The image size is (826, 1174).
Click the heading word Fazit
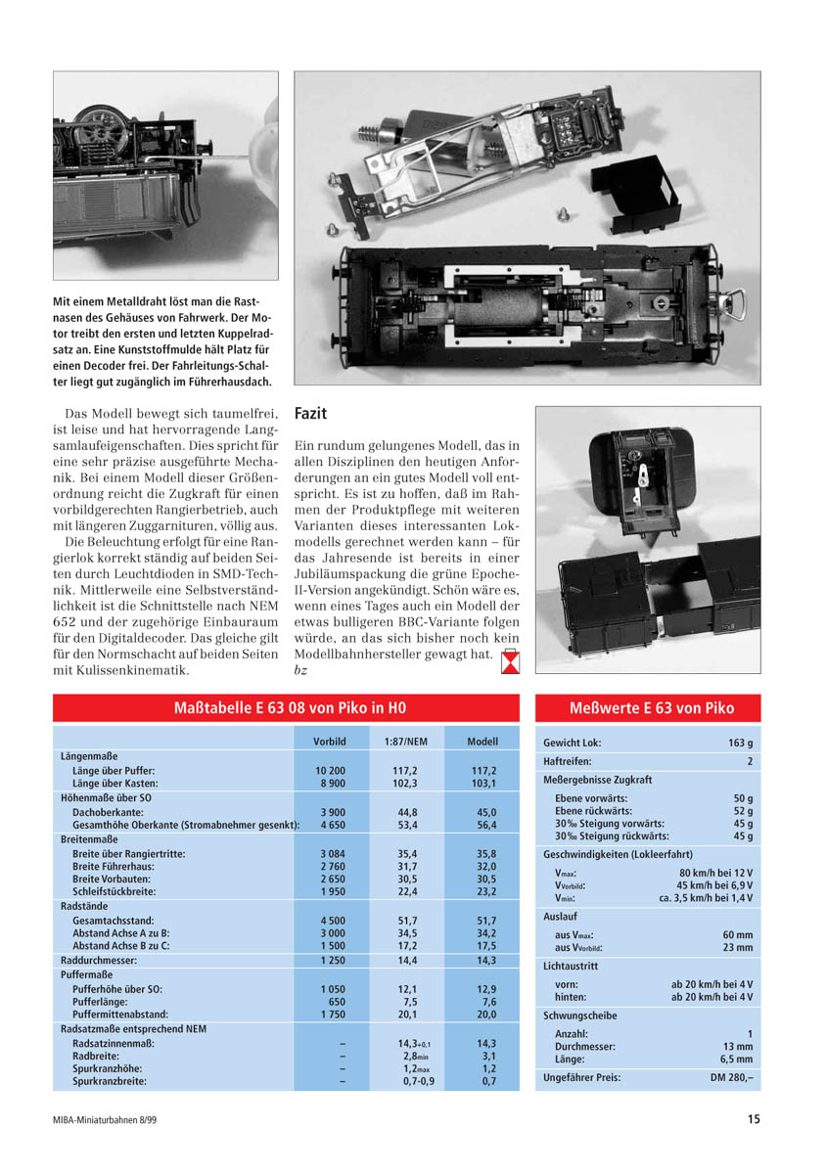pyautogui.click(x=310, y=414)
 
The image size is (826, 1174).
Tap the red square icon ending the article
pyautogui.click(x=510, y=662)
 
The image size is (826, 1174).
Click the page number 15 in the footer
pyautogui.click(x=753, y=1119)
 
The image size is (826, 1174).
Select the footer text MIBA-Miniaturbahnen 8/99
pyautogui.click(x=105, y=1119)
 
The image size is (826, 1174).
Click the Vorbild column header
pyautogui.click(x=330, y=742)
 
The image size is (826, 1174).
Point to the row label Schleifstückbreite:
pyautogui.click(x=120, y=891)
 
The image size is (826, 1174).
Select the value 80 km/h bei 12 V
pyautogui.click(x=715, y=873)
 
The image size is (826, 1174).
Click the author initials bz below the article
pyautogui.click(x=300, y=671)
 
